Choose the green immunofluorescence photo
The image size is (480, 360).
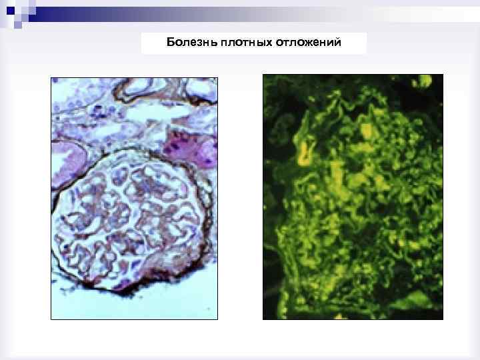[353, 197]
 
